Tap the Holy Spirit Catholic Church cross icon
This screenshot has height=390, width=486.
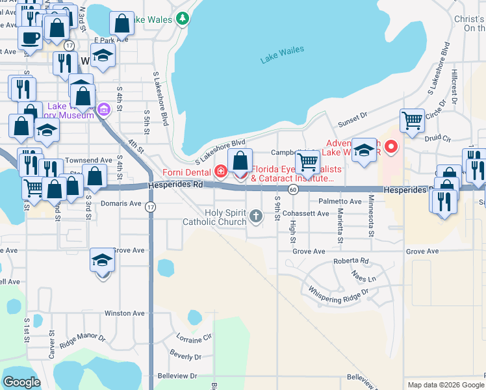tap(256, 216)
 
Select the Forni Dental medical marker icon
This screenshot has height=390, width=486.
tap(221, 172)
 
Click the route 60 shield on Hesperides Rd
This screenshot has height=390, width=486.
tap(294, 190)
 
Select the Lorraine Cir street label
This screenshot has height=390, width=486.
tap(194, 339)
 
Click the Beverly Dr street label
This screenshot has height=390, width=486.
tap(185, 357)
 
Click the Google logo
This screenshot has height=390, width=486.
tap(21, 382)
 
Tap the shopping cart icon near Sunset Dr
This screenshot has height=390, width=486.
tap(412, 120)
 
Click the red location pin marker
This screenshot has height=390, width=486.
tap(390, 146)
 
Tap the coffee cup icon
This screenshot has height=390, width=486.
tap(29, 38)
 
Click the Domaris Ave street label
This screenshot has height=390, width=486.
tap(122, 203)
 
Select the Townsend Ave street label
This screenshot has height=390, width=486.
tap(88, 160)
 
